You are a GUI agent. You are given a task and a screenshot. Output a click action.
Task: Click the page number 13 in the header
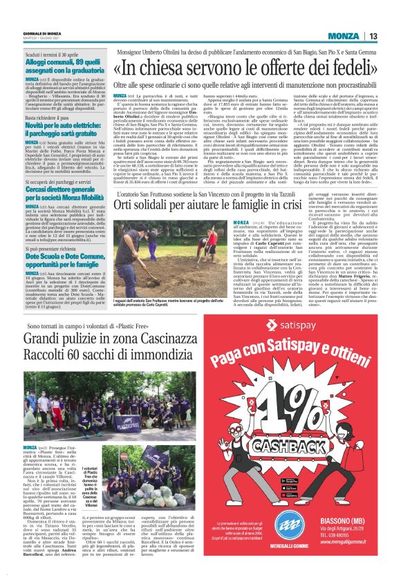[373, 36]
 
